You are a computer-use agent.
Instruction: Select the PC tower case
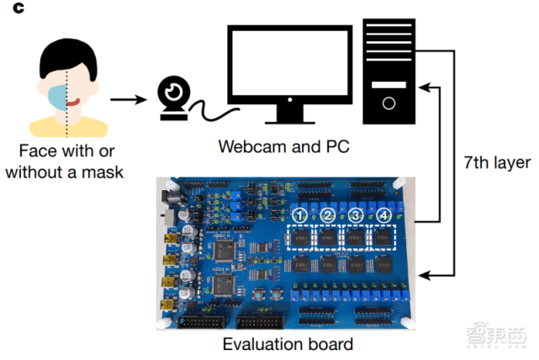[x=389, y=71]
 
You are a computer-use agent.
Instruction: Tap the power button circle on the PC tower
[x=388, y=104]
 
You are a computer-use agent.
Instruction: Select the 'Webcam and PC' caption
[x=284, y=146]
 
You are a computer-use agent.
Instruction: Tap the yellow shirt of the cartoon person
[x=67, y=126]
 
